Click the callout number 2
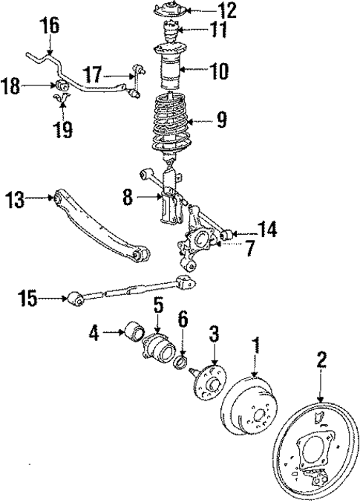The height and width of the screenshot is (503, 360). point(321,361)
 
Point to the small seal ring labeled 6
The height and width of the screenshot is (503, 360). point(179,362)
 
